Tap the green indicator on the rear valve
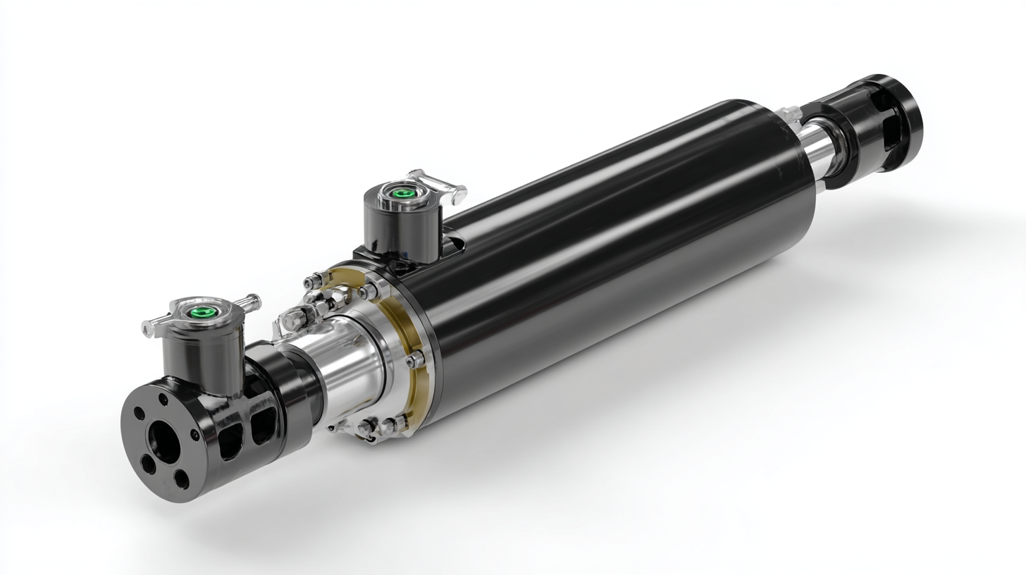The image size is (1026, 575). [402, 192]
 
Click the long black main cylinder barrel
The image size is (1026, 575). [620, 233]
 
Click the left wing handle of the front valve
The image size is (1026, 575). [152, 327]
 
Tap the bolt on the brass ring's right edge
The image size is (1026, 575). [415, 359]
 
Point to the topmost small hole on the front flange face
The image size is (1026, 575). [163, 400]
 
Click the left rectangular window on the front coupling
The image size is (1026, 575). [230, 440]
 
